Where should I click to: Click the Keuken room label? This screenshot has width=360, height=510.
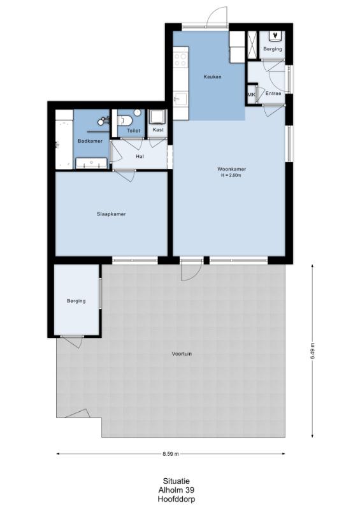click(212, 76)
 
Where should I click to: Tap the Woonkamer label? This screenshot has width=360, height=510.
click(231, 169)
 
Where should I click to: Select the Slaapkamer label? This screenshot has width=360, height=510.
click(112, 214)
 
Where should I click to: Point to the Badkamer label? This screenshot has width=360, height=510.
click(90, 141)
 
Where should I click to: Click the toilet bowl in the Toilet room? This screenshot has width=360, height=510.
click(124, 120)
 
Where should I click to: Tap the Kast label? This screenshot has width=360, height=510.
click(158, 130)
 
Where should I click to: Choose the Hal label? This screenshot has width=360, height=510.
click(140, 156)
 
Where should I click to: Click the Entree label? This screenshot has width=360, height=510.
click(273, 93)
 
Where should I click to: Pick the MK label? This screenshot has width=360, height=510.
click(252, 94)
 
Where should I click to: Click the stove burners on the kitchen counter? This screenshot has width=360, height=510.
click(180, 59)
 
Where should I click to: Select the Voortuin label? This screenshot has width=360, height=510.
click(182, 354)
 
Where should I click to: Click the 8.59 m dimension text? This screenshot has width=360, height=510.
click(171, 454)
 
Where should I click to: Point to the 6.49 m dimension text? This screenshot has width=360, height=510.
click(312, 351)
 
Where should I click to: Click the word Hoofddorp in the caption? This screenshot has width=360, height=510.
click(176, 499)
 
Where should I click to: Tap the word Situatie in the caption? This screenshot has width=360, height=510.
click(176, 481)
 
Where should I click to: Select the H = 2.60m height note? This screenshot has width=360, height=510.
click(231, 176)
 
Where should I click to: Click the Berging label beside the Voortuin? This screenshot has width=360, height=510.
click(76, 301)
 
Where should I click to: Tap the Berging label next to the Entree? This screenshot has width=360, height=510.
click(273, 49)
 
